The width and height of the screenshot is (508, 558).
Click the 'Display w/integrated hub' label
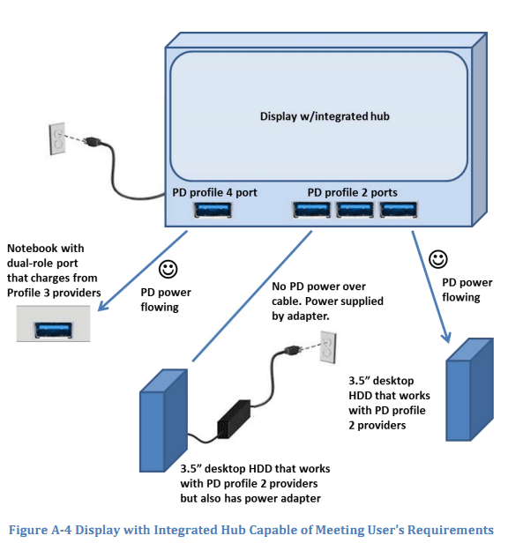tap(325, 116)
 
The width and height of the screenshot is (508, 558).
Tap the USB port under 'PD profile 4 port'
tap(213, 210)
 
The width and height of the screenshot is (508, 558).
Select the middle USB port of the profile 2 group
tap(355, 209)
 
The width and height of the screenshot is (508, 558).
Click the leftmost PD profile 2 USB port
tap(311, 209)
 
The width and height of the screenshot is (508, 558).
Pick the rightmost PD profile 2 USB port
tap(399, 209)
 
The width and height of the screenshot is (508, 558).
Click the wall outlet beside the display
tap(57, 138)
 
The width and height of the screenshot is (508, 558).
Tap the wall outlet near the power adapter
tap(328, 347)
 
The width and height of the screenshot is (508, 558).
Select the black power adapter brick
tap(234, 420)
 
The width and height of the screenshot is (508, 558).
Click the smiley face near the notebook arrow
tap(168, 270)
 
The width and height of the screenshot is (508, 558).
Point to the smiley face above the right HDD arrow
tap(437, 259)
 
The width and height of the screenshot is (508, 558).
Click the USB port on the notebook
tap(53, 330)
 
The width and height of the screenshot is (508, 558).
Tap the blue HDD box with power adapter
tap(163, 420)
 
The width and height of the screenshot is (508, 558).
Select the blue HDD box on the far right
tap(469, 390)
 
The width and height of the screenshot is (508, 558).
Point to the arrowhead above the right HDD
tap(446, 338)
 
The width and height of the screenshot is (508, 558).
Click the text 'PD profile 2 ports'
tap(353, 192)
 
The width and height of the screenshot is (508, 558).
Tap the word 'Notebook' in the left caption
tap(28, 248)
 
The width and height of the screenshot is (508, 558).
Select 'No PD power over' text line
tap(318, 286)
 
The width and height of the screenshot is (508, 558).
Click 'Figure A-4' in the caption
tap(40, 530)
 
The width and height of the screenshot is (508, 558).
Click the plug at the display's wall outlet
tap(93, 142)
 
